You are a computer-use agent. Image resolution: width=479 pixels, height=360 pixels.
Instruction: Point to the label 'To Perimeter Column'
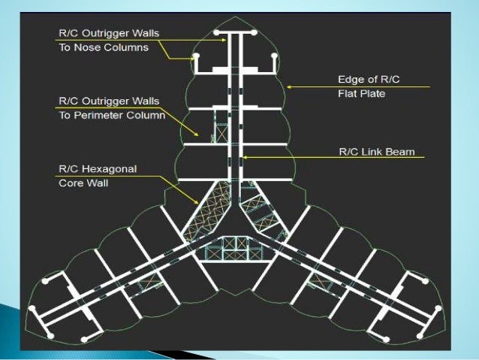click(x=111, y=115)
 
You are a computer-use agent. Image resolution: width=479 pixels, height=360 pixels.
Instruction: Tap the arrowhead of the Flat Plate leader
click(x=289, y=87)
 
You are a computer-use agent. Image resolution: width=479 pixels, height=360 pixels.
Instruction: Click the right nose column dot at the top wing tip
click(x=255, y=33)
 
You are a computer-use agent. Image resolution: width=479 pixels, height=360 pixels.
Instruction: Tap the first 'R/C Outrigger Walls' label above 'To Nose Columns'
click(x=110, y=33)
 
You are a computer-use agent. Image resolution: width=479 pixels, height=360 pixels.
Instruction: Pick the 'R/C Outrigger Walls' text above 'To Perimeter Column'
click(x=110, y=101)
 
